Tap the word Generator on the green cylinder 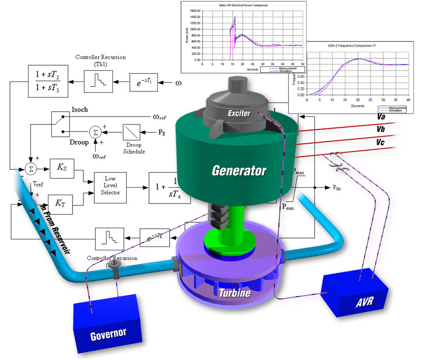[239, 171]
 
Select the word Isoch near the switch [79, 110]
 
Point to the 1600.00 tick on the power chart [194, 10]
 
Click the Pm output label [336, 188]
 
